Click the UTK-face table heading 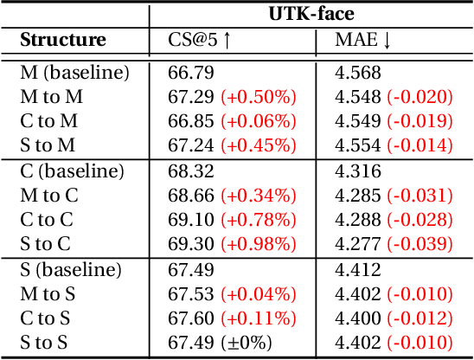coord(311,15)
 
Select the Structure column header coord(63,40)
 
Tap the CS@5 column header coord(200,40)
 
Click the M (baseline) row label coord(74,74)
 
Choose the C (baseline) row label coord(72,171)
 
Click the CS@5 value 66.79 coord(189,74)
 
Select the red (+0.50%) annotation coord(259,98)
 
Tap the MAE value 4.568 coord(357,74)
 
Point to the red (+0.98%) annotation coord(259,244)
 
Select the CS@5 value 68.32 coord(189,171)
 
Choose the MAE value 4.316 coord(357,171)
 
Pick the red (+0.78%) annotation coord(259,220)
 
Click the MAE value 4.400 coord(357,318)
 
